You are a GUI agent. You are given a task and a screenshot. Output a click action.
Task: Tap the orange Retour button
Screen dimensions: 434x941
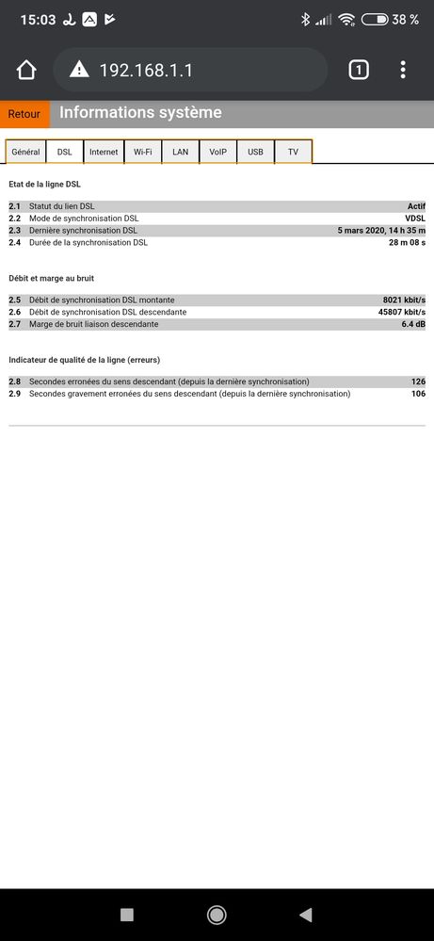tap(24, 114)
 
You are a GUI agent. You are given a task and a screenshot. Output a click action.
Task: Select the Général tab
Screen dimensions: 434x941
tap(25, 152)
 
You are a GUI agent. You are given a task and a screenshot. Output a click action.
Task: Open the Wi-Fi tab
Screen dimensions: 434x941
tap(142, 152)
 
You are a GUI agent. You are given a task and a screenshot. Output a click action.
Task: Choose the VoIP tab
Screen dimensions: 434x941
tap(217, 152)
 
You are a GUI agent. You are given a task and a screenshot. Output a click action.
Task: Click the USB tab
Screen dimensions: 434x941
tap(255, 152)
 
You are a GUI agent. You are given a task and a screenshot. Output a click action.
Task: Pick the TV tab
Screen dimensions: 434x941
tap(293, 152)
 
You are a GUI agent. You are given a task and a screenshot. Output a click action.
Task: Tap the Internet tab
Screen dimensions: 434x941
tap(104, 152)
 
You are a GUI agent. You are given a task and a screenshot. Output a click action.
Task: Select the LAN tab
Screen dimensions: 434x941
tap(180, 152)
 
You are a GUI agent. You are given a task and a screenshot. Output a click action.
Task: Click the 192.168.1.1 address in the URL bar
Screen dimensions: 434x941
tap(146, 70)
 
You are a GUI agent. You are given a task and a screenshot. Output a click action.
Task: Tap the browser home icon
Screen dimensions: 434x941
tap(26, 70)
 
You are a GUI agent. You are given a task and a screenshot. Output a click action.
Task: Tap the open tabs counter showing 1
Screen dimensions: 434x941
tap(358, 70)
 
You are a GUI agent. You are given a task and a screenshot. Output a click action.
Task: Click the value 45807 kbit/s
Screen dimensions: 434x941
tap(402, 312)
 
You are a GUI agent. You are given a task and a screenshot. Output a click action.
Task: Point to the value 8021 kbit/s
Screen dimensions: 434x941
tap(405, 300)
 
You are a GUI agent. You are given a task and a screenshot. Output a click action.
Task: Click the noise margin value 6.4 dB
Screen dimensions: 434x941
tap(413, 324)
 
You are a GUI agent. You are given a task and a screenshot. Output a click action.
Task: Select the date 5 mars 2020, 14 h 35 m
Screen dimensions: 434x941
tap(381, 230)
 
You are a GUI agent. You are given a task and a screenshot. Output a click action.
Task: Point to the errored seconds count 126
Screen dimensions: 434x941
tap(418, 381)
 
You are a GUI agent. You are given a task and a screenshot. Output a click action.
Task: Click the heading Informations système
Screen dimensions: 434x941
tap(140, 113)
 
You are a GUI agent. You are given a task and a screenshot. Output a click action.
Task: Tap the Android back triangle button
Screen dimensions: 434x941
tap(305, 915)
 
